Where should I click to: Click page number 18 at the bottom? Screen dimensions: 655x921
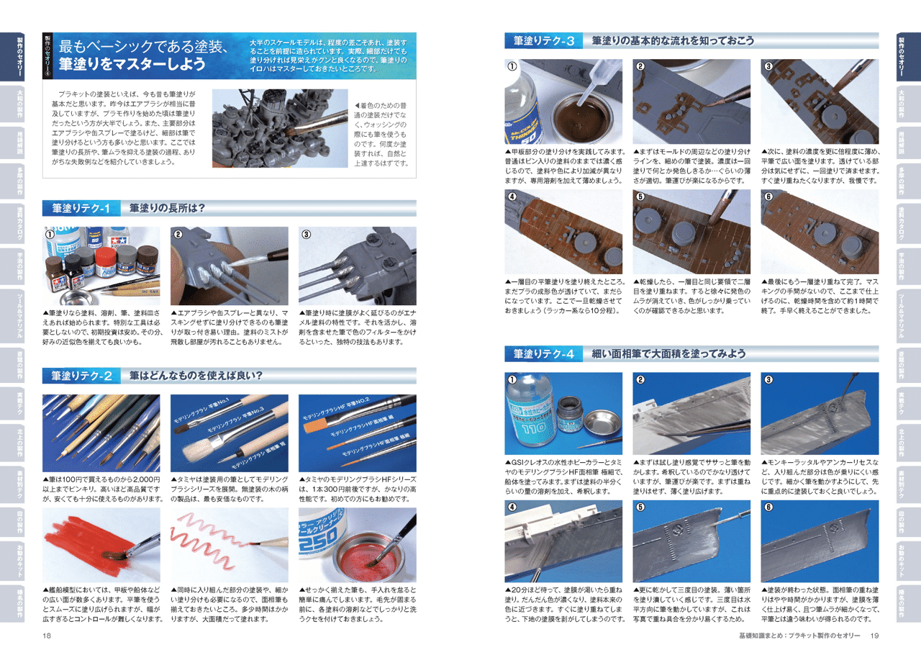coord(46,636)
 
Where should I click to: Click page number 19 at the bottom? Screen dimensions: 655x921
coord(875,636)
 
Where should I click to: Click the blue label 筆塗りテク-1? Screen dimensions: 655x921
coord(81,208)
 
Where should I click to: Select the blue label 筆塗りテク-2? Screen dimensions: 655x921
coord(81,376)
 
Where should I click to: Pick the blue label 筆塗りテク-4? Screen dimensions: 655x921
coord(543,354)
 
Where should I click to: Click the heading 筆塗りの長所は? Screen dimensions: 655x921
coord(168,208)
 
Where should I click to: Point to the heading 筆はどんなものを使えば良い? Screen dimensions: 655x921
coord(196,376)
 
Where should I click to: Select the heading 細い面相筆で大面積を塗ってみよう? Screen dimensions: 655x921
coord(668,354)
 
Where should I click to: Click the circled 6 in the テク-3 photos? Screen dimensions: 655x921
coord(768,196)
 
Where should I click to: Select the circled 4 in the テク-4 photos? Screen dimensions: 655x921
coord(512,507)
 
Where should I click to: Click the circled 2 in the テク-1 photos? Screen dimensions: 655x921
coord(178,234)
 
